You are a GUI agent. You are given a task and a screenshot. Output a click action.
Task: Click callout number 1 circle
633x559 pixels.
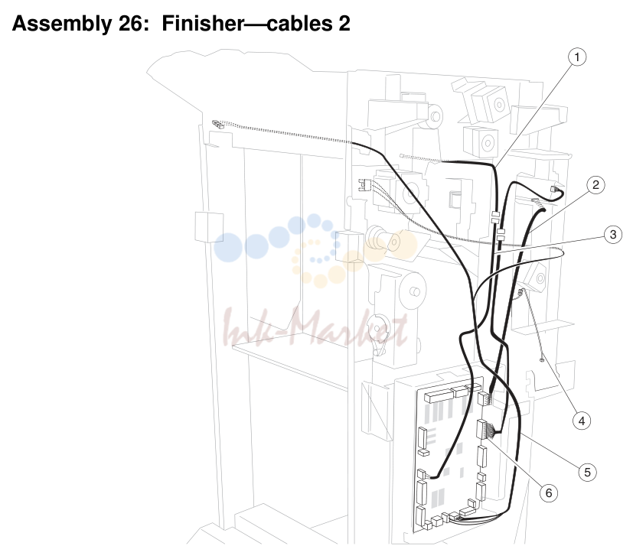576,57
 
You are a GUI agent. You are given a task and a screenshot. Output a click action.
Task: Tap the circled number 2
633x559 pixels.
595,185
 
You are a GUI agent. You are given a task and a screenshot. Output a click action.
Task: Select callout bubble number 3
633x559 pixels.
613,234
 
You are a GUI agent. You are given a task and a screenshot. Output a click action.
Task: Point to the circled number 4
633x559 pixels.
581,421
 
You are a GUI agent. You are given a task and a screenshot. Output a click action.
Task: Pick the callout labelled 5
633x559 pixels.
587,472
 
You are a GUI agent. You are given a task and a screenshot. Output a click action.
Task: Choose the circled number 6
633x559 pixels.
549,492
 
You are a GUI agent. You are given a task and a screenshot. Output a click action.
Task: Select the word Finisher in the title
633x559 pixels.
203,24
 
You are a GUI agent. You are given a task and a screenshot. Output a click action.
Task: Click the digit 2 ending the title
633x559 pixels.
344,24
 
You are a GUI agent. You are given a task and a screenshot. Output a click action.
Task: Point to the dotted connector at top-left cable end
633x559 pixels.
217,124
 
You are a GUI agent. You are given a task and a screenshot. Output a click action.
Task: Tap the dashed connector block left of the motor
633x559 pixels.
364,185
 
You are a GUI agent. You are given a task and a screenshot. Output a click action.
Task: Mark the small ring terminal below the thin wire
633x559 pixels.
542,359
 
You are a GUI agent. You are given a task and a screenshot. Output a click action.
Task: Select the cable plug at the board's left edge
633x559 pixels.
422,473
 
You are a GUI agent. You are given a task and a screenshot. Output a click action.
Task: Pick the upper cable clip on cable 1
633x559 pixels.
495,217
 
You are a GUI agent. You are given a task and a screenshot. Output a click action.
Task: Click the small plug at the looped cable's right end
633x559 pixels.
553,189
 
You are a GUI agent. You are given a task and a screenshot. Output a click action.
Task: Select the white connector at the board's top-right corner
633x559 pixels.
483,399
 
